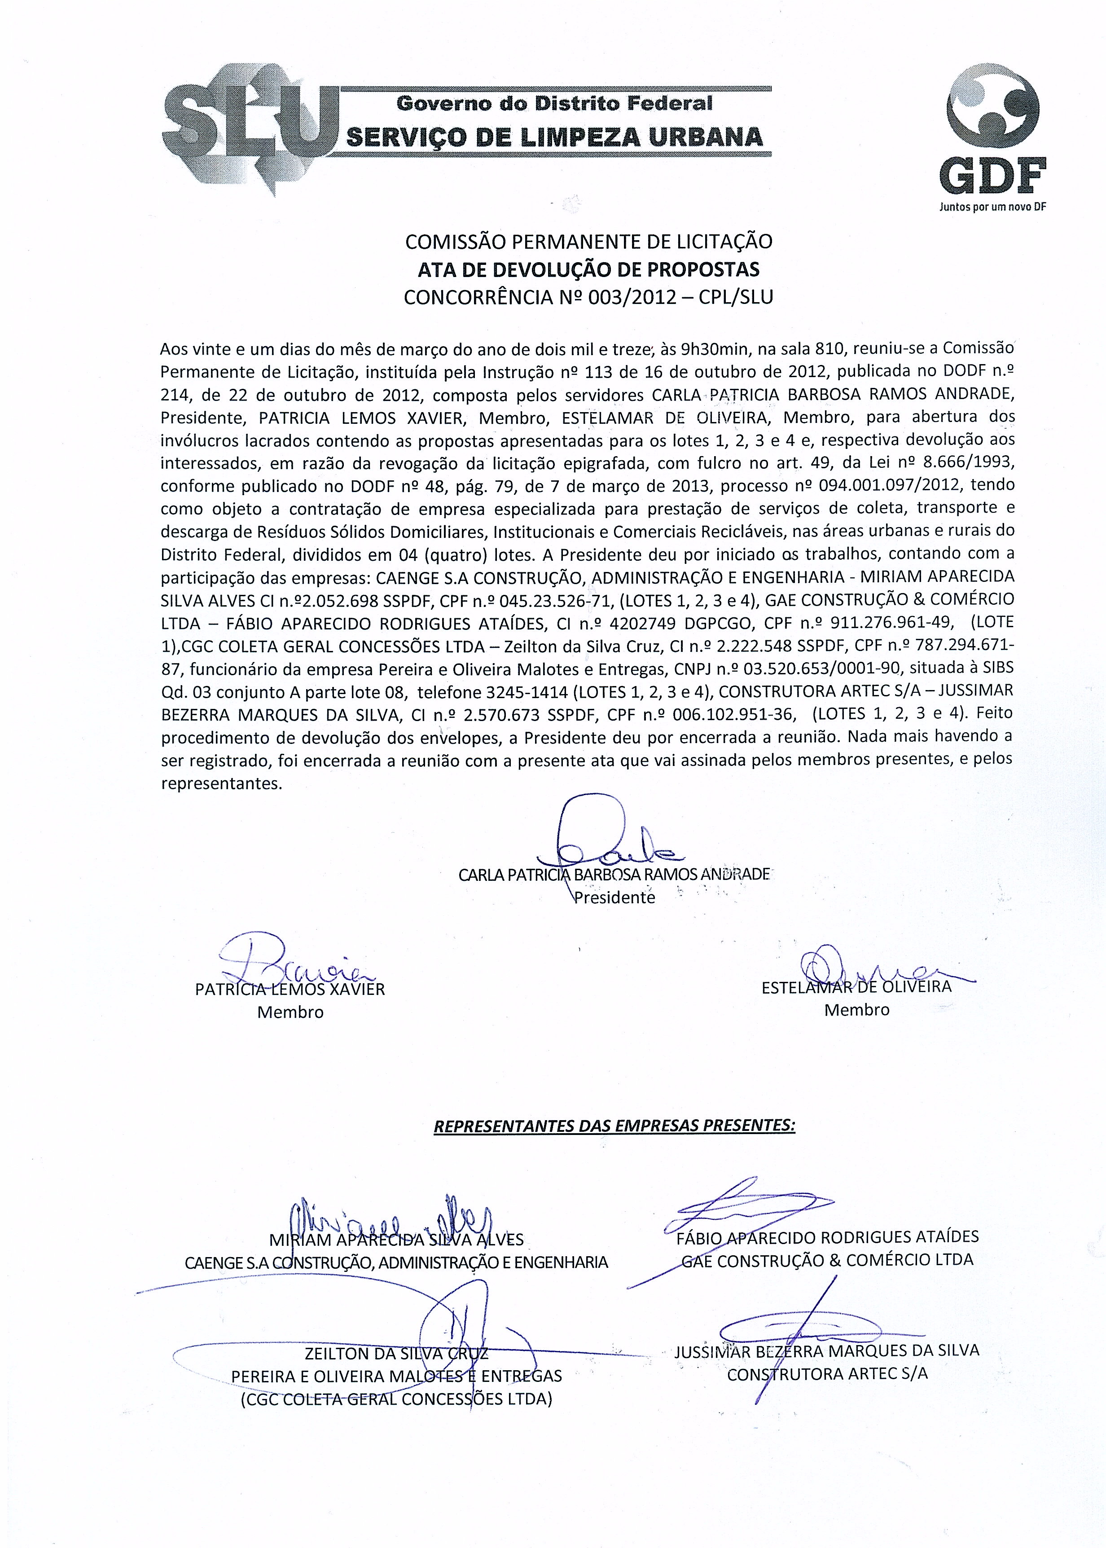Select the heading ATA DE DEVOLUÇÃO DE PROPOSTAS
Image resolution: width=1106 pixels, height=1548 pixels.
(588, 270)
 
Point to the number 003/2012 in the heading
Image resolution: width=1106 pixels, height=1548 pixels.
(628, 298)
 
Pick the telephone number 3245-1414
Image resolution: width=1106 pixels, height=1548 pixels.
(527, 691)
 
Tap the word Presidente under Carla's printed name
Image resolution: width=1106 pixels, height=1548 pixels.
(614, 897)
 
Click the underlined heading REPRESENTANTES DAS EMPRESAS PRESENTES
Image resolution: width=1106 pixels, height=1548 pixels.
(614, 1126)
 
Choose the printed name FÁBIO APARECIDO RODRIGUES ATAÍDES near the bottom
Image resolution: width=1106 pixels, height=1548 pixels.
(827, 1237)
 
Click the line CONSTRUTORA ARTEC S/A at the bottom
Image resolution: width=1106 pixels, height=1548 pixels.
(827, 1374)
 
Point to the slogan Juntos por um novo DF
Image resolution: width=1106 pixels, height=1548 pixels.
(992, 207)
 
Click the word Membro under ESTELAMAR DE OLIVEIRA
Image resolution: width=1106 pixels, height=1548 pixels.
(857, 1010)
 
